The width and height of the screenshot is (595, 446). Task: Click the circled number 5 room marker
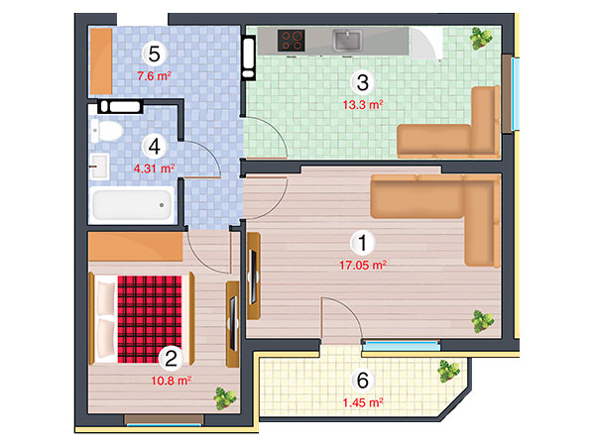pyautogui.click(x=154, y=54)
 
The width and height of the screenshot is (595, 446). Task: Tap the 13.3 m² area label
pyautogui.click(x=363, y=104)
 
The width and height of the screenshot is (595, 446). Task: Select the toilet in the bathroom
pyautogui.click(x=106, y=131)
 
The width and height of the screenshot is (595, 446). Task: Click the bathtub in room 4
pyautogui.click(x=132, y=205)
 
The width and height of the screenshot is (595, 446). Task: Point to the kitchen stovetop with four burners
pyautogui.click(x=291, y=41)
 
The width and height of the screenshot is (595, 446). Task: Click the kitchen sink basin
pyautogui.click(x=347, y=41)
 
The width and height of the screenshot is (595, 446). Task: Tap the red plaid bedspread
pyautogui.click(x=150, y=319)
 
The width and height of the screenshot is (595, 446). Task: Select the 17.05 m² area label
pyautogui.click(x=363, y=265)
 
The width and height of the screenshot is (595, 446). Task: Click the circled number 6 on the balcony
pyautogui.click(x=362, y=380)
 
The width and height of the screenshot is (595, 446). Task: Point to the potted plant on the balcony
pyautogui.click(x=448, y=370)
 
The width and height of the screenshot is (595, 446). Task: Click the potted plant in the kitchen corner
pyautogui.click(x=481, y=39)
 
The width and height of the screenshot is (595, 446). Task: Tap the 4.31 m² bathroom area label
pyautogui.click(x=154, y=168)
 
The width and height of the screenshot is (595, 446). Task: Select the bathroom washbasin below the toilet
pyautogui.click(x=100, y=167)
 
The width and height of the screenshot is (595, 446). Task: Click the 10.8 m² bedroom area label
pyautogui.click(x=172, y=381)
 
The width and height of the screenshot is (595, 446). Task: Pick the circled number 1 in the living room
pyautogui.click(x=362, y=243)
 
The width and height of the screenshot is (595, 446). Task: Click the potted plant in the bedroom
pyautogui.click(x=225, y=398)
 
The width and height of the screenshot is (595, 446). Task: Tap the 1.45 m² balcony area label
pyautogui.click(x=363, y=402)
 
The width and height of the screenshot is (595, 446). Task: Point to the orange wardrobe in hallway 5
pyautogui.click(x=101, y=61)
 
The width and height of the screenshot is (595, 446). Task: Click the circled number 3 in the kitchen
pyautogui.click(x=362, y=82)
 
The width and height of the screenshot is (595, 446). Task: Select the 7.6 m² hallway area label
pyautogui.click(x=154, y=76)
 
